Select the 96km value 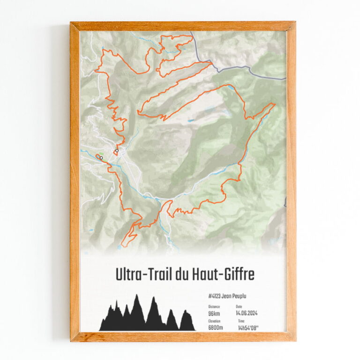click(x=214, y=313)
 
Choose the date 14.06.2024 click(x=247, y=313)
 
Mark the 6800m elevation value click(x=216, y=328)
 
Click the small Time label click(x=241, y=321)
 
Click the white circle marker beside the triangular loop click(x=116, y=151)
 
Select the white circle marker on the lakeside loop click(x=101, y=158)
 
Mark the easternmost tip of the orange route click(x=275, y=104)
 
